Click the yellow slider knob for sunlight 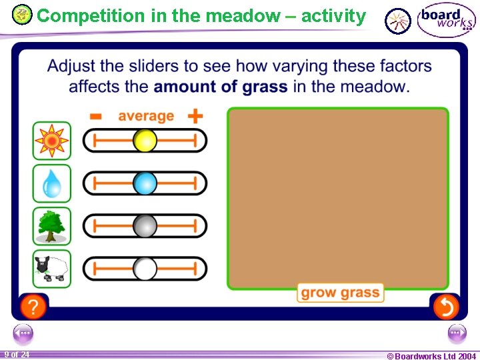[x=145, y=141]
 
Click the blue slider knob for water [x=145, y=183]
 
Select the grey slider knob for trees [x=145, y=226]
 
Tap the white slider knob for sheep [x=145, y=269]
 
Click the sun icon [x=51, y=141]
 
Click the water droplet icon [x=51, y=183]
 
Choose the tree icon [x=51, y=226]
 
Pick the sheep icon [x=51, y=269]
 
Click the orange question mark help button [x=33, y=307]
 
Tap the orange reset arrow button [x=445, y=307]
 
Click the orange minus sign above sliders [x=96, y=117]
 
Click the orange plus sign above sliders [x=195, y=117]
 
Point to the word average [x=145, y=116]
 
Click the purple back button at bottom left [x=23, y=333]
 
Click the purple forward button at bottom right [x=457, y=333]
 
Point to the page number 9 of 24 [x=17, y=355]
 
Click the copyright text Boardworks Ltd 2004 [x=431, y=356]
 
